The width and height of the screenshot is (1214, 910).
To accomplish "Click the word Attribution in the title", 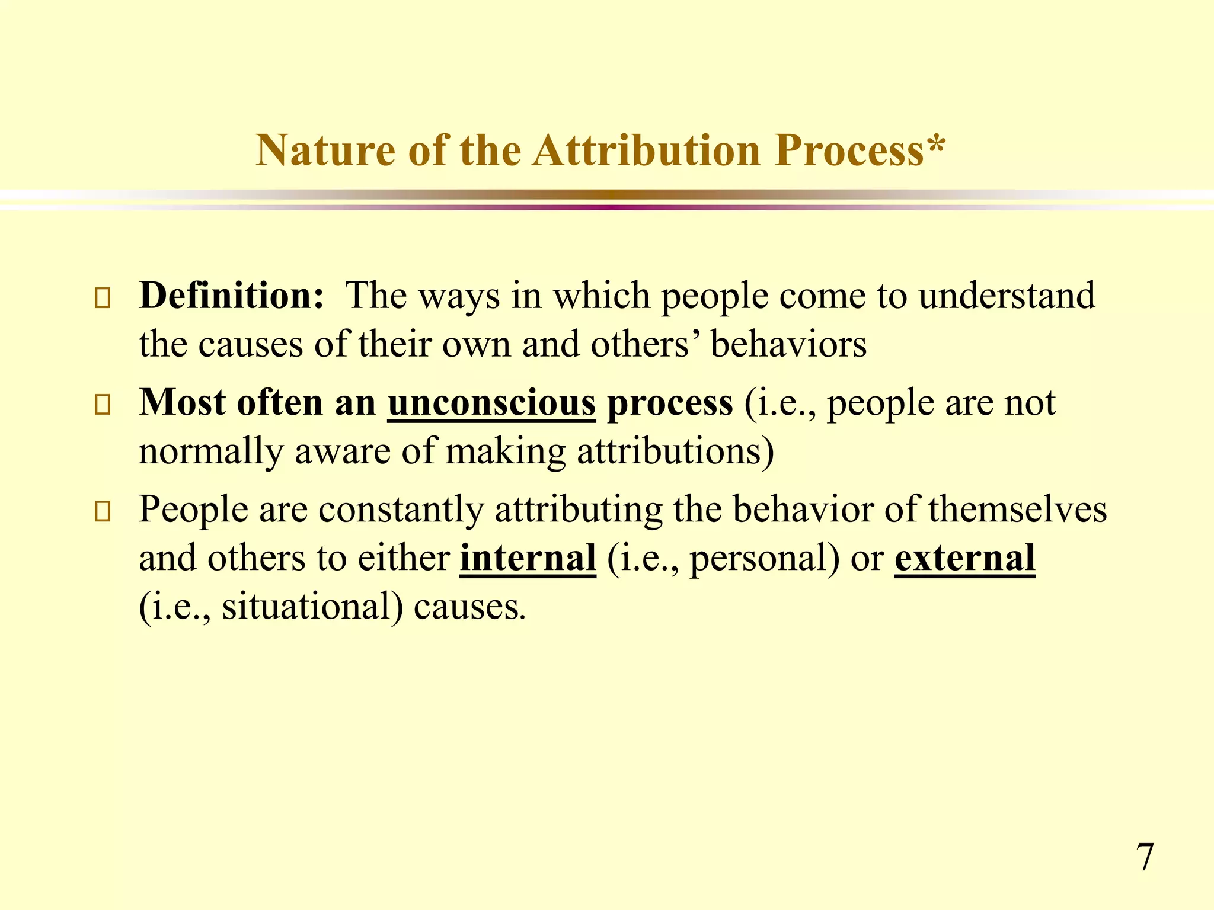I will (x=646, y=150).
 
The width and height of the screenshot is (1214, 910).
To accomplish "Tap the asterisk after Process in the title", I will (x=935, y=145).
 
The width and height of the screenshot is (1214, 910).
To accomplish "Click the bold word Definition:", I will (x=232, y=295).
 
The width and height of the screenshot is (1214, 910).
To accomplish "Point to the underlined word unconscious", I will (x=491, y=403).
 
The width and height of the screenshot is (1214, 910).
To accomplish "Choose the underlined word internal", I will (x=528, y=558).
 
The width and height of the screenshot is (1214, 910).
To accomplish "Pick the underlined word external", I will (x=964, y=558).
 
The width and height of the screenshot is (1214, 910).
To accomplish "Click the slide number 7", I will (x=1145, y=857).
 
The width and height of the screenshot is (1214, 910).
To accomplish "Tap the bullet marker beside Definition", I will (x=103, y=298).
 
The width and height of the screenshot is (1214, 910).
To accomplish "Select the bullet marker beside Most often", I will (x=103, y=405).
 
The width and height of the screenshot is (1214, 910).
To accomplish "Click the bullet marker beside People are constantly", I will (x=103, y=512).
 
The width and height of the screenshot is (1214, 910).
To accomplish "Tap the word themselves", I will (x=1017, y=510).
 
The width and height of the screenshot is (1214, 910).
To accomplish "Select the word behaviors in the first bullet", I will (x=788, y=344).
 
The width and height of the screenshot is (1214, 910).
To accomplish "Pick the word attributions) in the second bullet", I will (x=675, y=451).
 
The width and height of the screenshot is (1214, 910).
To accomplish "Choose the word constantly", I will (x=401, y=510).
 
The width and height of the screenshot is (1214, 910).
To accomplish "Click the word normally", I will (x=211, y=451).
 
